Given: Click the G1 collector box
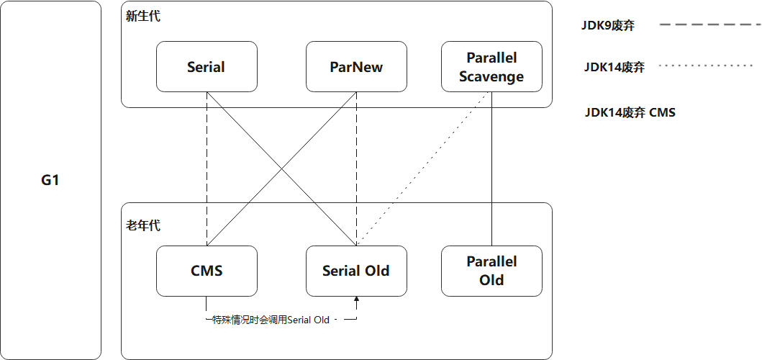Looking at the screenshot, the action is (x=50, y=180).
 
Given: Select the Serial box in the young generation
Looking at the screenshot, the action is (x=207, y=67).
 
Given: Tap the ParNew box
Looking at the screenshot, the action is (x=356, y=67).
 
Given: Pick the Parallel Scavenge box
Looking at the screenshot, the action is (x=491, y=67).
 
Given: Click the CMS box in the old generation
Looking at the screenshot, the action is (x=207, y=271).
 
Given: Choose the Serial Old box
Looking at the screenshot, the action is (x=356, y=271).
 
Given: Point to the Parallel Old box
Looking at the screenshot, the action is (x=491, y=271).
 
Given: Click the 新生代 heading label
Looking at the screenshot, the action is (x=142, y=17).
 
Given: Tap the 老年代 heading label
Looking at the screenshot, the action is (x=142, y=226).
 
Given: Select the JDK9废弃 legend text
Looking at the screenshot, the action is (x=607, y=26).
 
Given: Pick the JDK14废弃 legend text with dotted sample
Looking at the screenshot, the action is (x=614, y=67).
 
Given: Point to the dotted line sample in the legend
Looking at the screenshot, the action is (x=706, y=66).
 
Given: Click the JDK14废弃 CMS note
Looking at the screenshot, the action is (x=630, y=113).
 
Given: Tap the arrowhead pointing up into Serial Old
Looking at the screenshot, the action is (x=356, y=300).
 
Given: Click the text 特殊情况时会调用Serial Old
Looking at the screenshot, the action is (x=271, y=320).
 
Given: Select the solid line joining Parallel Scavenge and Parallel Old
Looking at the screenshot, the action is (x=491, y=168).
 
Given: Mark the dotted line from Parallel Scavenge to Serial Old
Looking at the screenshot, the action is (x=422, y=168).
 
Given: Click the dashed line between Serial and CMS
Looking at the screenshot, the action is (x=207, y=168).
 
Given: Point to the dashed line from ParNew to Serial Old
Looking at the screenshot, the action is (x=356, y=168).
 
